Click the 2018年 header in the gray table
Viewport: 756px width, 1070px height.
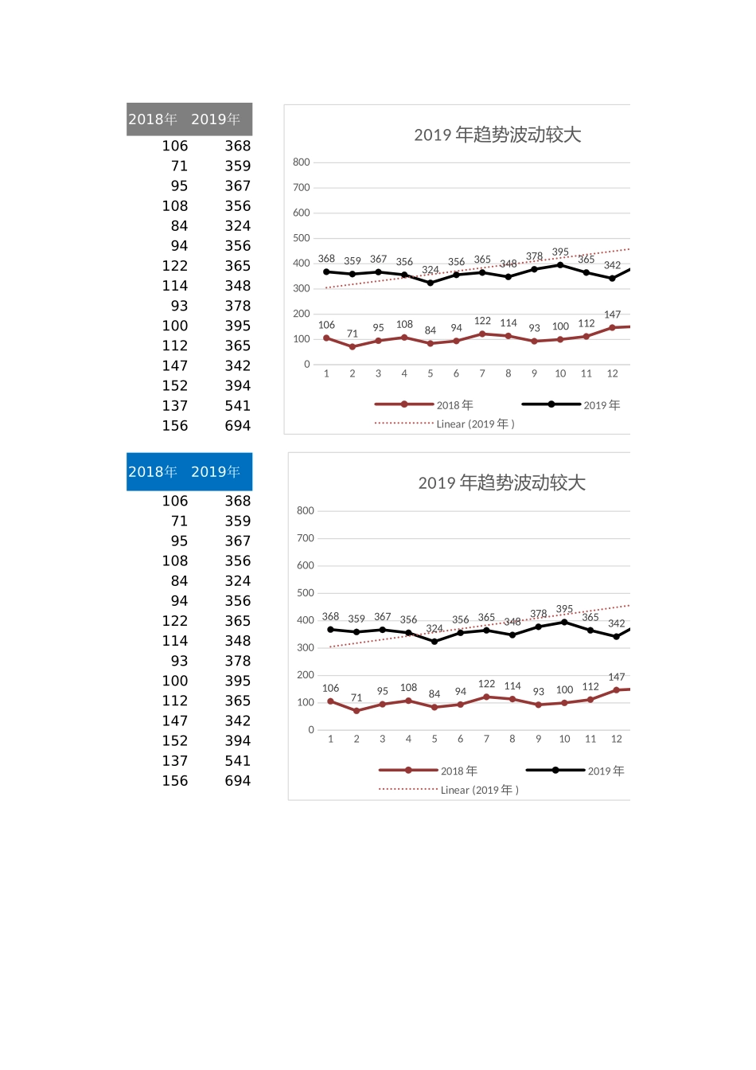click(153, 119)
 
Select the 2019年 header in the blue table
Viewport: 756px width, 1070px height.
click(216, 472)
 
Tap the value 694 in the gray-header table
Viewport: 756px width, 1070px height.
click(237, 426)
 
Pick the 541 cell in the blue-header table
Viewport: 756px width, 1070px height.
click(237, 761)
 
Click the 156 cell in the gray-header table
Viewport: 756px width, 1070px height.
click(175, 426)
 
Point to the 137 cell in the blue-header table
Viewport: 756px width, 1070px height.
click(175, 761)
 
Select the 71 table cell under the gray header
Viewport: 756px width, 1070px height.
click(179, 166)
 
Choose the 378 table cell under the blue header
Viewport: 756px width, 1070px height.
click(237, 662)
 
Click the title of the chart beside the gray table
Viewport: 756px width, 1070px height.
click(497, 135)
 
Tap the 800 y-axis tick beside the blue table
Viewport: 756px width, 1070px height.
click(306, 511)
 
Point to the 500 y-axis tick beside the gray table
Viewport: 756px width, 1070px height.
click(302, 238)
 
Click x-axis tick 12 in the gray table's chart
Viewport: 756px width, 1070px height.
click(612, 374)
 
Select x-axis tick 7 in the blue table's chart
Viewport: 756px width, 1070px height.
click(486, 740)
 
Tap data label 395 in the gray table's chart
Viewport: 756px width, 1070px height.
click(560, 252)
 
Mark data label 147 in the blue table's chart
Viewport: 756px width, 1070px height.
click(616, 677)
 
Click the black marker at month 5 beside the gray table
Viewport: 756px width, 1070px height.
click(431, 283)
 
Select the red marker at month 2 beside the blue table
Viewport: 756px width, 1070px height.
click(357, 711)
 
